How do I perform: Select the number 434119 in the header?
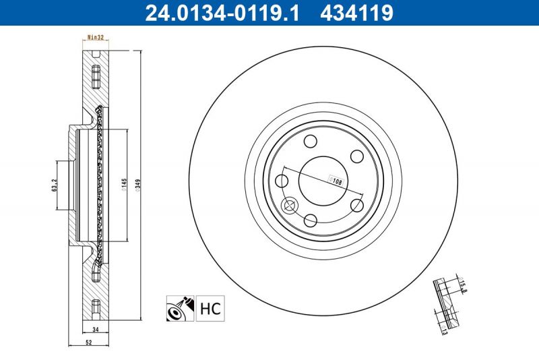[x=354, y=12]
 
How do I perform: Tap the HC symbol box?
[x=210, y=310]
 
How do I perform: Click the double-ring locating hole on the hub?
[x=290, y=206]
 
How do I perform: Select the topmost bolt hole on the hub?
[x=311, y=141]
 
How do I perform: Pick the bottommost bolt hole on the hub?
[x=311, y=219]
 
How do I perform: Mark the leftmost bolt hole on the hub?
[x=282, y=180]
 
